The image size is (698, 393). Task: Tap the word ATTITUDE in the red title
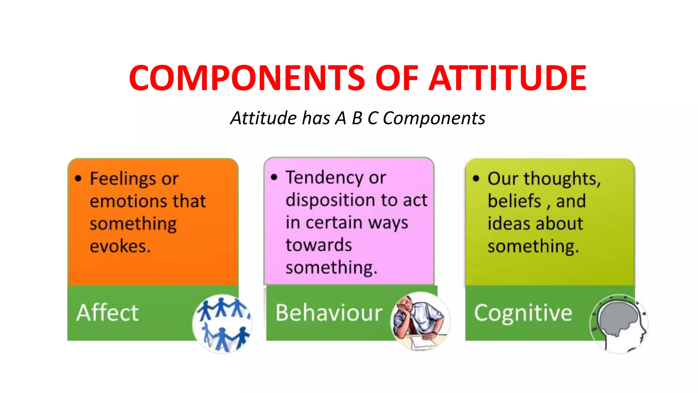(x=507, y=78)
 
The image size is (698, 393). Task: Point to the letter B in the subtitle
(x=357, y=118)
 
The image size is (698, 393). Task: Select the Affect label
(x=108, y=312)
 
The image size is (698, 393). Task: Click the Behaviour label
(x=329, y=312)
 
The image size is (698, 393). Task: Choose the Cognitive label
(x=523, y=312)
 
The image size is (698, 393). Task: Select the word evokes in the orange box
(x=120, y=246)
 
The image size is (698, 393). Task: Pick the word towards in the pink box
(x=319, y=245)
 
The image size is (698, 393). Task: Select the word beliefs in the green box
(x=514, y=201)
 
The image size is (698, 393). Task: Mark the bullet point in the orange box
(x=78, y=178)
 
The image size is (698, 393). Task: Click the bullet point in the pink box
(x=274, y=177)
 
